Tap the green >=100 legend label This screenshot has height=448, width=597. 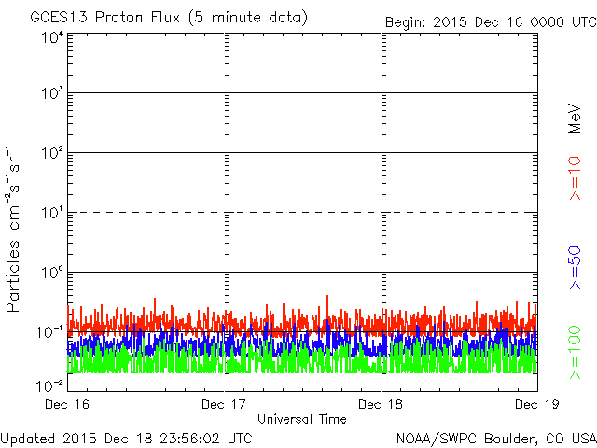576,351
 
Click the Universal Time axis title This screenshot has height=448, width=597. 301,419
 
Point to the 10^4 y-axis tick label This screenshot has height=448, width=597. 52,38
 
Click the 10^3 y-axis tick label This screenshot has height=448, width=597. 52,94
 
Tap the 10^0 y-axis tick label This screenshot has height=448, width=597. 52,273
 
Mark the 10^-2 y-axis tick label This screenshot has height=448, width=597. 50,385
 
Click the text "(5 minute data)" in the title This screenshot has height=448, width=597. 246,17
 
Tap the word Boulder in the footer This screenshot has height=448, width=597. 509,437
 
